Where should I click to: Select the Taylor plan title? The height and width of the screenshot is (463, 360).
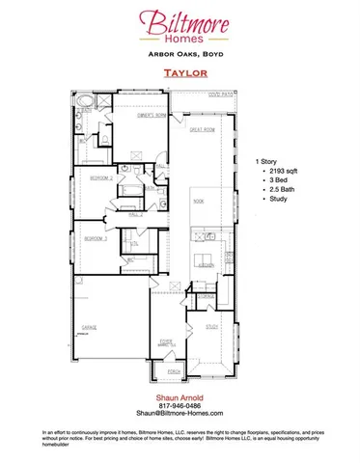point(180,71)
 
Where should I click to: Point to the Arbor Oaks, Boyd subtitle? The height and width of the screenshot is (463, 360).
point(180,54)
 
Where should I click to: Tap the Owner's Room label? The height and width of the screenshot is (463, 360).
point(142,115)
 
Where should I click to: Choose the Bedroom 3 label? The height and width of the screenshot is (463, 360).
point(94,237)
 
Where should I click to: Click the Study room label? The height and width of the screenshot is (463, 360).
point(211,327)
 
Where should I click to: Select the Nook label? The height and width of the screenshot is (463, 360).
point(199,202)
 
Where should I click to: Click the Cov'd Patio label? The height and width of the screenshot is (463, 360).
point(221,95)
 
